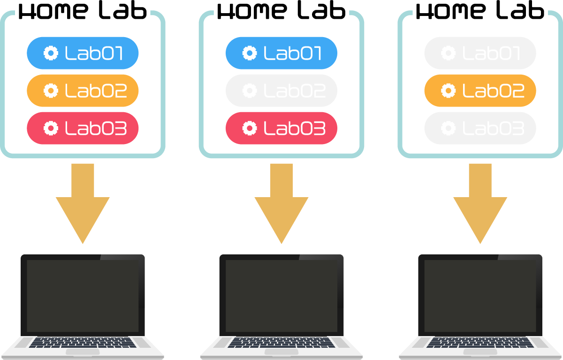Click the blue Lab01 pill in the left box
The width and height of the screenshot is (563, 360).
pyautogui.click(x=83, y=53)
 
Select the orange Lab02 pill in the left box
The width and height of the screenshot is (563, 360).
pyautogui.click(x=83, y=91)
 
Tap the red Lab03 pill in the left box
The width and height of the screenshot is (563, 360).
pyautogui.click(x=83, y=128)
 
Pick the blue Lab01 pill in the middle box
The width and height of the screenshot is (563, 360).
pyautogui.click(x=281, y=53)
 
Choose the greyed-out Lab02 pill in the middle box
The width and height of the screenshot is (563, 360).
pyautogui.click(x=281, y=91)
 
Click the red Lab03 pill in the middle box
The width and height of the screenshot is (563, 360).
pyautogui.click(x=281, y=128)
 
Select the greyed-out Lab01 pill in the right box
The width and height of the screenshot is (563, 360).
pyautogui.click(x=480, y=53)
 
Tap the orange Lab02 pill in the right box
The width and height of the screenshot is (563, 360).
pyautogui.click(x=480, y=91)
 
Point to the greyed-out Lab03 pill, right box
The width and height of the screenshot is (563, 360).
pyautogui.click(x=480, y=128)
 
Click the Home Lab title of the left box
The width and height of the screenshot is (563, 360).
pyautogui.click(x=83, y=11)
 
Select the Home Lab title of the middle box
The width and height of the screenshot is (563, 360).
pyautogui.click(x=281, y=11)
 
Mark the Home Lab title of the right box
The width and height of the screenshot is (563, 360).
pyautogui.click(x=480, y=11)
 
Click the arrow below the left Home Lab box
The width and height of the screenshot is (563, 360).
pyautogui.click(x=83, y=202)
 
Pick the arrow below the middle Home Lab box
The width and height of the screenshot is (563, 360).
pyautogui.click(x=281, y=202)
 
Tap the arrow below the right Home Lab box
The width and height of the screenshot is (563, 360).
pyautogui.click(x=480, y=202)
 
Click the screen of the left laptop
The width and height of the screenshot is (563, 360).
pyautogui.click(x=83, y=296)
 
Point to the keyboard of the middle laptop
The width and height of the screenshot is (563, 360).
pyautogui.click(x=281, y=343)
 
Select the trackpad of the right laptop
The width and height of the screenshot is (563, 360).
pyautogui.click(x=480, y=352)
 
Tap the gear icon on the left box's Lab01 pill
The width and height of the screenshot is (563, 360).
pyautogui.click(x=51, y=53)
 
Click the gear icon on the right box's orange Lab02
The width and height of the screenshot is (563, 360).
pyautogui.click(x=449, y=91)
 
